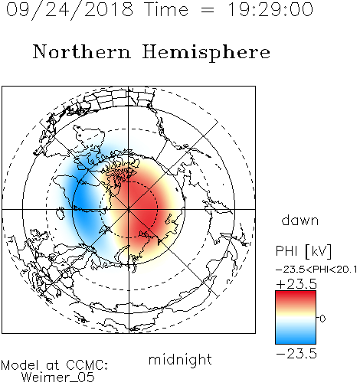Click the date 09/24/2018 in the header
coord(70,10)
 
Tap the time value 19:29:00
coord(270,10)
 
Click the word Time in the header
coord(166,10)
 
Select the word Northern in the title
coord(82,51)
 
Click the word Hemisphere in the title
coord(206,53)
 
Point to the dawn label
coord(299,220)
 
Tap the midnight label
coord(180,360)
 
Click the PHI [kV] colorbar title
coord(303,251)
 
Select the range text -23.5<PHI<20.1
coord(316,270)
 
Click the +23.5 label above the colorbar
coord(296,284)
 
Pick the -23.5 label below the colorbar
coord(296,354)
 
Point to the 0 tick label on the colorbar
coord(322,319)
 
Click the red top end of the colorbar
coord(296,293)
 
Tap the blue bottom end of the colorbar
coord(296,342)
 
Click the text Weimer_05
coord(58,377)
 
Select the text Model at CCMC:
coord(54,365)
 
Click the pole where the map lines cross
coord(129,210)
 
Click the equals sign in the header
coord(208,10)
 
